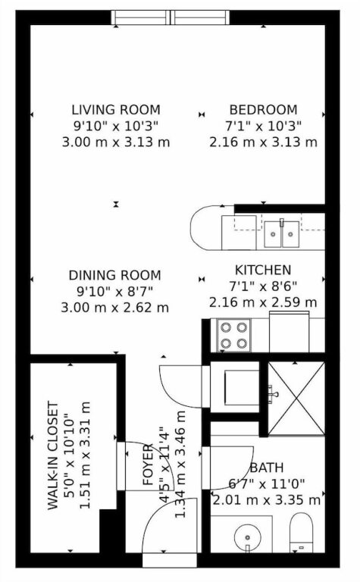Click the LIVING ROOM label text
point(116,110)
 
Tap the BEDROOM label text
point(264,110)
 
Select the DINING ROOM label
point(115,275)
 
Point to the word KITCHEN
point(263,270)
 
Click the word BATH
point(267,468)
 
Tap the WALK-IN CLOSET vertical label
point(54,455)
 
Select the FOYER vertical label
point(148,465)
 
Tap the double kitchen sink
point(282,234)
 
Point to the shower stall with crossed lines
point(296,399)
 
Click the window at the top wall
point(171,17)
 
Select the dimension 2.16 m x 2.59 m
point(263,302)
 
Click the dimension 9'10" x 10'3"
point(116,127)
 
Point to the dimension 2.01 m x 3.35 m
point(267,500)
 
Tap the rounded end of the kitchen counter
point(200,227)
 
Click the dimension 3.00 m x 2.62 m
point(115,308)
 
